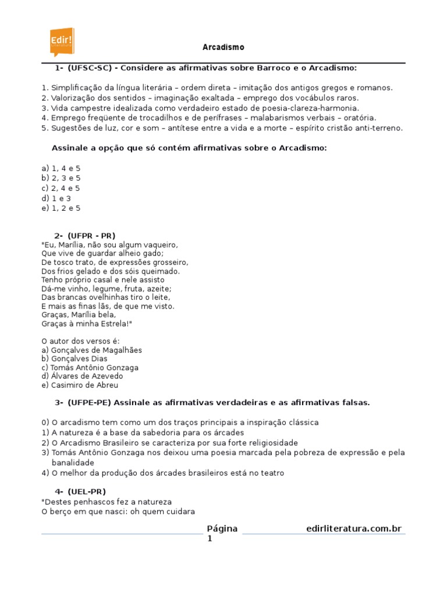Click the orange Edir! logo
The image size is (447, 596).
coord(62,41)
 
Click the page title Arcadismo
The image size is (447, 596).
coord(223,47)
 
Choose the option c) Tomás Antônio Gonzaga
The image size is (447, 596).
coord(90,367)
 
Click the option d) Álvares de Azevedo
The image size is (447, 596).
coord(82,376)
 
